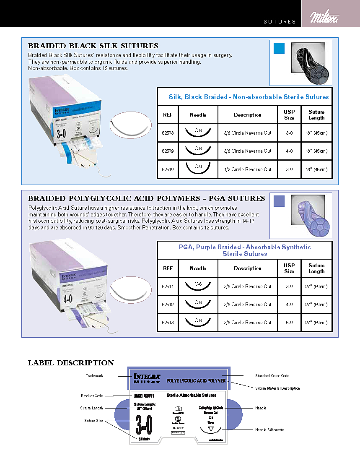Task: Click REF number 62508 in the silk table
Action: (x=168, y=133)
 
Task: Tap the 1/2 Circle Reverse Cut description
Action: (x=247, y=169)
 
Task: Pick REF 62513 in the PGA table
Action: (x=168, y=323)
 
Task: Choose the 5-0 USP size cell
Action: (x=289, y=323)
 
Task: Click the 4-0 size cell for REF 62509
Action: (x=289, y=151)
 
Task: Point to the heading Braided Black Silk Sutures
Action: (x=93, y=46)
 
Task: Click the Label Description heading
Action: (x=71, y=363)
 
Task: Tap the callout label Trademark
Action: (x=94, y=376)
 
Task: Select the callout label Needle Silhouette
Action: (x=269, y=430)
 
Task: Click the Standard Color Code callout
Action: (x=272, y=376)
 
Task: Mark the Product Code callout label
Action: (x=92, y=396)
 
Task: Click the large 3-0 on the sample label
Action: (x=144, y=424)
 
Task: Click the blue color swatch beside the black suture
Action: (x=279, y=48)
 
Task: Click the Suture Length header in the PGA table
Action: (x=316, y=268)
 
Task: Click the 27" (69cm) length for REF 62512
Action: (x=316, y=305)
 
